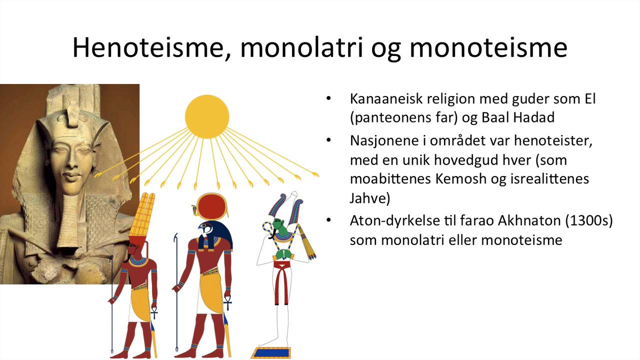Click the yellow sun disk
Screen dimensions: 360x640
tap(207, 116)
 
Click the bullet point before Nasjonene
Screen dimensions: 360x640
tap(328, 140)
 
